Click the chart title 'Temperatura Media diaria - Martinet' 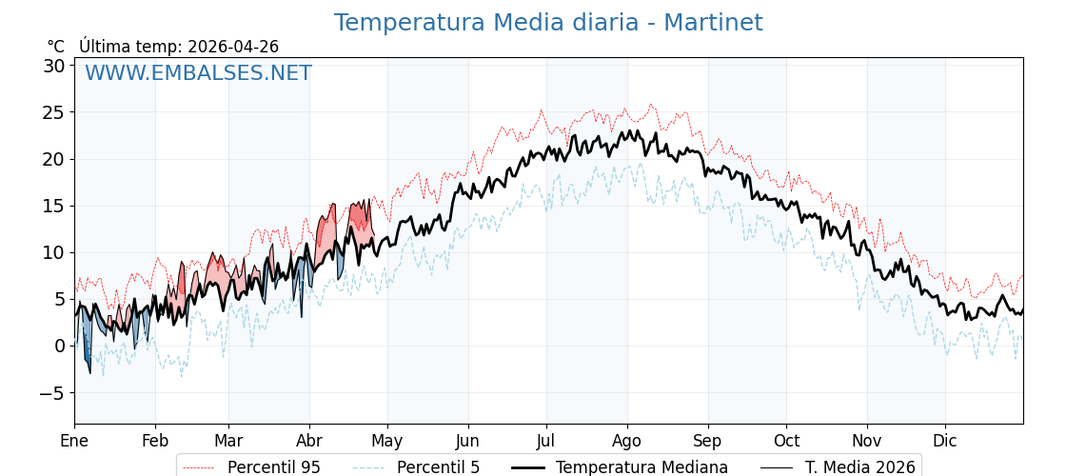point(547,23)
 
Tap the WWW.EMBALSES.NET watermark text point(198,73)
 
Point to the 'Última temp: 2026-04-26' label point(179,47)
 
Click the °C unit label point(56,47)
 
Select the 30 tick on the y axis point(53,66)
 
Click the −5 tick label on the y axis point(53,392)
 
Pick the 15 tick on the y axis point(53,206)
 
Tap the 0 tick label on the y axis point(59,346)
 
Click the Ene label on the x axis point(74,441)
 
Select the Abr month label point(309,441)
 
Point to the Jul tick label point(546,441)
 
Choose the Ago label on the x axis point(627,441)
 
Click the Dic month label point(945,441)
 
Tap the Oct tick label point(786,441)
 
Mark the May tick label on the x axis point(387,441)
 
